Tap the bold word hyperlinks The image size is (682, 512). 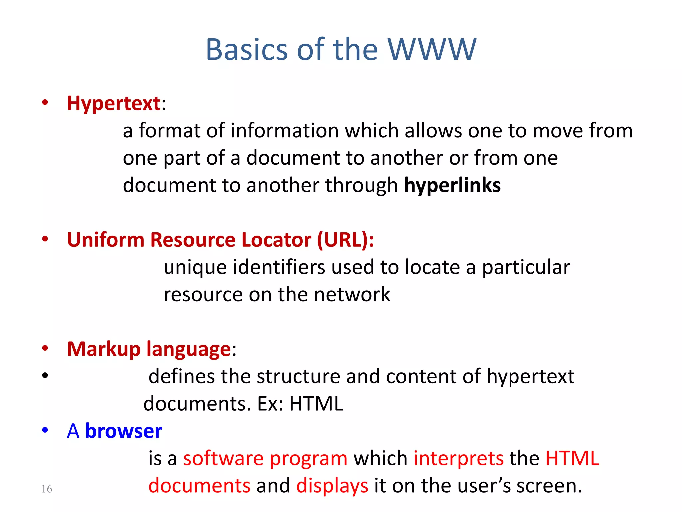(x=452, y=185)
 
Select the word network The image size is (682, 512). (x=352, y=295)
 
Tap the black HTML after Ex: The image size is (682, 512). (x=316, y=404)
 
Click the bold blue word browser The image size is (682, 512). (x=124, y=431)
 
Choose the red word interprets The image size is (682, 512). (x=458, y=459)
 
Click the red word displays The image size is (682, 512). (x=332, y=486)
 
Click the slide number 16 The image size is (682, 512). (x=47, y=489)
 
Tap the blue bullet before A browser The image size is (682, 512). (x=45, y=430)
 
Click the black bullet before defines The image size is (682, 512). (x=45, y=376)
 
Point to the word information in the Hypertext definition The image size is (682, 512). (x=284, y=131)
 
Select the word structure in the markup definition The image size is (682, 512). (x=298, y=377)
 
